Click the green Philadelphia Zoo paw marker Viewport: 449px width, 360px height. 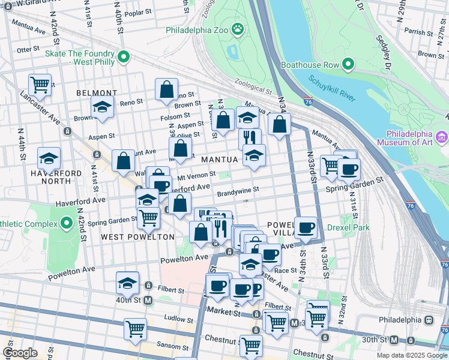(238, 28)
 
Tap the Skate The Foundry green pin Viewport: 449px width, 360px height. (124, 57)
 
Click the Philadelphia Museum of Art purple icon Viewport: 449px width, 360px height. (442, 137)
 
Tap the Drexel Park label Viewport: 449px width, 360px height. (348, 227)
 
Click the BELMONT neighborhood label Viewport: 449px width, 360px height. (97, 93)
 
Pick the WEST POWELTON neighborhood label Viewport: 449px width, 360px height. (137, 237)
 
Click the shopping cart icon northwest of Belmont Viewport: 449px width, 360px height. (40, 85)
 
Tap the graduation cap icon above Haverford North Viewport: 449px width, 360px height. (49, 158)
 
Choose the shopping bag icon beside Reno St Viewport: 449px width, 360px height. (167, 89)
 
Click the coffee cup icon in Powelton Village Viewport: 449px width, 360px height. (306, 227)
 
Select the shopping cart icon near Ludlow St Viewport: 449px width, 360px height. (135, 328)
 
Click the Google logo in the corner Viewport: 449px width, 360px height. (19, 353)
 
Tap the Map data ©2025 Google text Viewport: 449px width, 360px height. (411, 355)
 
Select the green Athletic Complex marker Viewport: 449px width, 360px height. (65, 224)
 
